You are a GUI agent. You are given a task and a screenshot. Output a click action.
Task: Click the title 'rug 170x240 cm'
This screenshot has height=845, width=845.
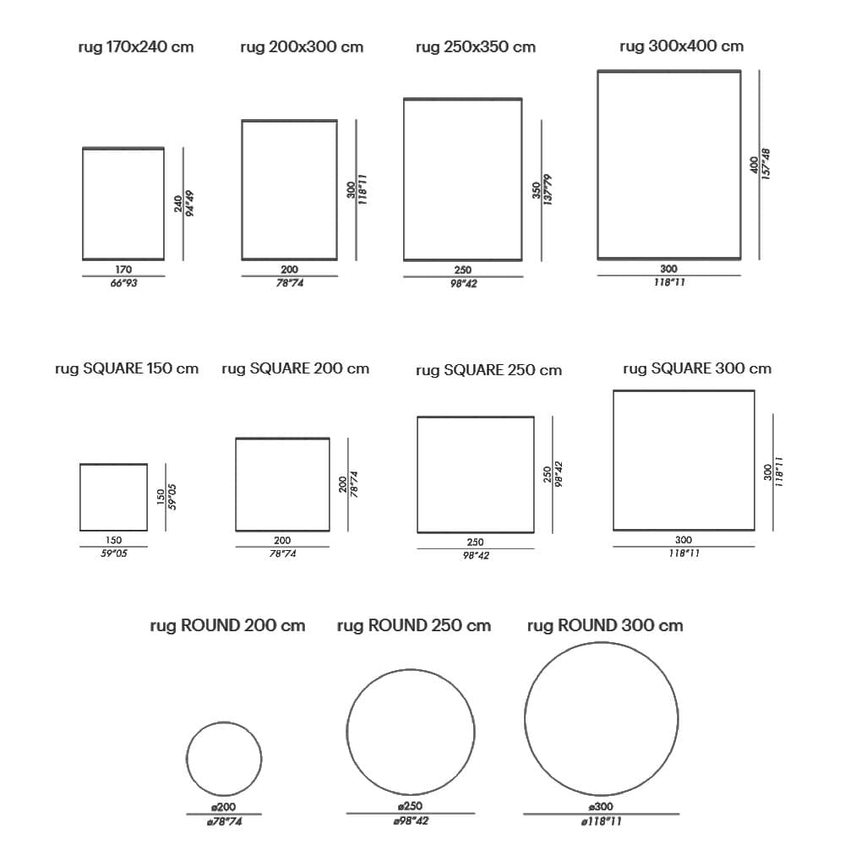(x=136, y=46)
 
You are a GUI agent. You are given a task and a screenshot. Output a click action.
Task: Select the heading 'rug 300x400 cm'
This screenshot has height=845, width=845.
(x=682, y=46)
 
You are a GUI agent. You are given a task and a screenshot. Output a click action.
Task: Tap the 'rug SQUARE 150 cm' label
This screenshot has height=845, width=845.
(x=127, y=368)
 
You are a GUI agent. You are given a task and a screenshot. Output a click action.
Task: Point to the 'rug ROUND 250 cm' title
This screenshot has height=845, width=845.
(x=414, y=625)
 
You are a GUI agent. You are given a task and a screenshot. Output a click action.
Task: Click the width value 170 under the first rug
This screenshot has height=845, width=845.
(x=123, y=270)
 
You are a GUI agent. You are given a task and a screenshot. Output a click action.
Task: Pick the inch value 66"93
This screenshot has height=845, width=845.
(x=124, y=283)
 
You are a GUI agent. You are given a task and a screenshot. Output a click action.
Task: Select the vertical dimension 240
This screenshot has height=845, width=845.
(x=177, y=204)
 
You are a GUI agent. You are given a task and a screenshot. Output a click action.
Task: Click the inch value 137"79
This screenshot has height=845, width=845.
(x=548, y=189)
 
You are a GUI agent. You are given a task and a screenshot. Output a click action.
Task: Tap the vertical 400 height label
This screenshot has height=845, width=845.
(x=755, y=165)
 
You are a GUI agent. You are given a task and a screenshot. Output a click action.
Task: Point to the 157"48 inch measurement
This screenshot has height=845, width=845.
(x=766, y=164)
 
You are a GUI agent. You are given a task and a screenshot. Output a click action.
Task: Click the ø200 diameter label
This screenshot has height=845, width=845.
(x=224, y=807)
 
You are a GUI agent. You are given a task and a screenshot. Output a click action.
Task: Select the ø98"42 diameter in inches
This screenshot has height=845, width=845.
(x=411, y=820)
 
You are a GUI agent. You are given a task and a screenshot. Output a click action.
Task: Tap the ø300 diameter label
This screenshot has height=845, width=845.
(x=601, y=807)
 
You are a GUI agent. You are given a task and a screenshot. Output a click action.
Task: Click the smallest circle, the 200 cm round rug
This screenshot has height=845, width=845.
(x=187, y=759)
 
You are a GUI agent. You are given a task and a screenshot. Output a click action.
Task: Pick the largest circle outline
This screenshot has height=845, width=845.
(x=525, y=718)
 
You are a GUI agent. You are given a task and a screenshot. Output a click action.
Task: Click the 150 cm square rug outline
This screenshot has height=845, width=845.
(x=80, y=498)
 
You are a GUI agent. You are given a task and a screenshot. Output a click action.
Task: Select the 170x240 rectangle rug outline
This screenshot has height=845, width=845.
(x=83, y=204)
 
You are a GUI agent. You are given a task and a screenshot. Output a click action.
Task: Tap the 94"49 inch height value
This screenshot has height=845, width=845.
(x=189, y=204)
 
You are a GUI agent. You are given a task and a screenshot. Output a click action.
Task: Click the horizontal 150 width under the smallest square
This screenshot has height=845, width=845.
(x=114, y=540)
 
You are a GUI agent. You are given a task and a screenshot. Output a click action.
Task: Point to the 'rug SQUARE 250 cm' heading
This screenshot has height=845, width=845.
(x=488, y=370)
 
